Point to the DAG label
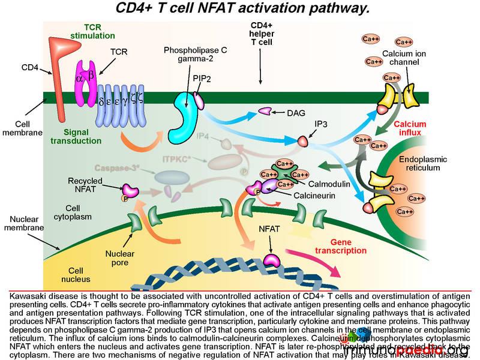coord(292,112)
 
